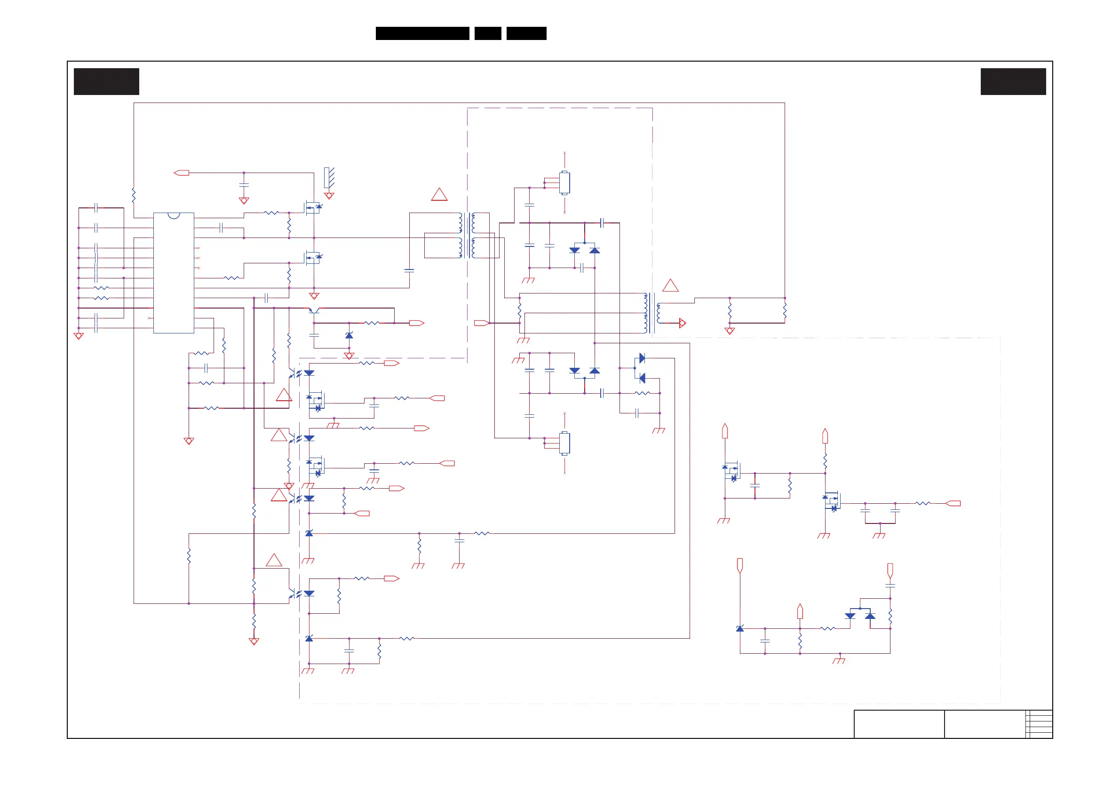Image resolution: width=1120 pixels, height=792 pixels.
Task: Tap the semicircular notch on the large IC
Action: coord(174,215)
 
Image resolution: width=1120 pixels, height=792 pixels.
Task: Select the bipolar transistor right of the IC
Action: coord(314,311)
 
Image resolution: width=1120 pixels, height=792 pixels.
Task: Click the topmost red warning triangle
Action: coord(439,195)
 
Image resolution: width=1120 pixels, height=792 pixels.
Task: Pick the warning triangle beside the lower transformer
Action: coord(670,286)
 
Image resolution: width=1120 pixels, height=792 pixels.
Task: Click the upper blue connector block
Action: coord(564,183)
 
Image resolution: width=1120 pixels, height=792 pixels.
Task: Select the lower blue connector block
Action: coord(564,444)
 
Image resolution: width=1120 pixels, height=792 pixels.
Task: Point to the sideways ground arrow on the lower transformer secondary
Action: coord(683,323)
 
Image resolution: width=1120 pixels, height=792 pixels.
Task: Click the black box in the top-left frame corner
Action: coord(106,81)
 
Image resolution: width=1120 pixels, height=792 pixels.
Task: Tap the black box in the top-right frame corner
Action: coord(1013,81)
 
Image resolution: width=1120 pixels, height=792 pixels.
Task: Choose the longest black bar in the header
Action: coord(422,33)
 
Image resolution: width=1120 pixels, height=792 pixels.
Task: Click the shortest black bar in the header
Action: coord(488,33)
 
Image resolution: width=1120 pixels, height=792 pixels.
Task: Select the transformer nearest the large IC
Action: coord(467,235)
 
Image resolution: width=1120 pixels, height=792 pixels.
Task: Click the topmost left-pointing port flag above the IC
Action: coord(182,173)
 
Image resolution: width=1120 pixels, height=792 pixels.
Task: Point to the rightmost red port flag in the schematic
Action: coord(953,503)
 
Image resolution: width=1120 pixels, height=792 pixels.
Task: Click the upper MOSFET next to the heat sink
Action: coord(312,208)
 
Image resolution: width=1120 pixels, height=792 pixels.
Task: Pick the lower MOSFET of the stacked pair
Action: coord(312,258)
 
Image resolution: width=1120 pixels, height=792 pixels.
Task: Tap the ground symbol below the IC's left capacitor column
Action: coord(79,336)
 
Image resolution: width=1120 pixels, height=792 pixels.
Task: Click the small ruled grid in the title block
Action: coord(1039,724)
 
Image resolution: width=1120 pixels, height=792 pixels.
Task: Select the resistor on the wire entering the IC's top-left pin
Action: coord(134,195)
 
